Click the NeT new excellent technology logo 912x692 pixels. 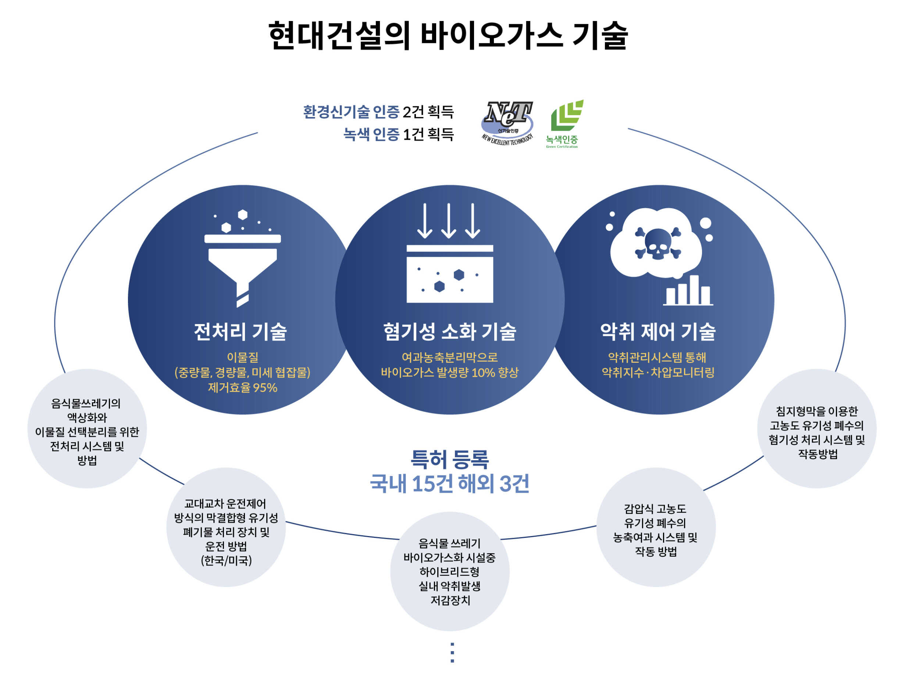tap(507, 122)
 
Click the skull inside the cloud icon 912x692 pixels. tap(657, 244)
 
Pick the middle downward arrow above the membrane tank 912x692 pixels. tap(449, 221)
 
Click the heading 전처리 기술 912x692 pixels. tap(241, 331)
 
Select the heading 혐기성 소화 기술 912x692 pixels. tap(449, 331)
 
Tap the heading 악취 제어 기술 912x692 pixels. tap(658, 331)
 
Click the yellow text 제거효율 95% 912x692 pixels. tap(242, 388)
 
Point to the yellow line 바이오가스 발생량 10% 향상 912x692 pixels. tap(449, 372)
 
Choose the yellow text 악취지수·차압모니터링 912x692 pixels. tap(658, 372)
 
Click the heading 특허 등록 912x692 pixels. tap(449, 459)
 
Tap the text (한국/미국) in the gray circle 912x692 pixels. tap(226, 560)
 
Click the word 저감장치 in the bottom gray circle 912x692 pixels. tap(450, 600)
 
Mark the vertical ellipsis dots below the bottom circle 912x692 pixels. tap(452, 652)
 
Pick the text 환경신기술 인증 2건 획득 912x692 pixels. tap(378, 112)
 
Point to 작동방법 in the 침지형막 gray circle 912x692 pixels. tap(818, 454)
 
